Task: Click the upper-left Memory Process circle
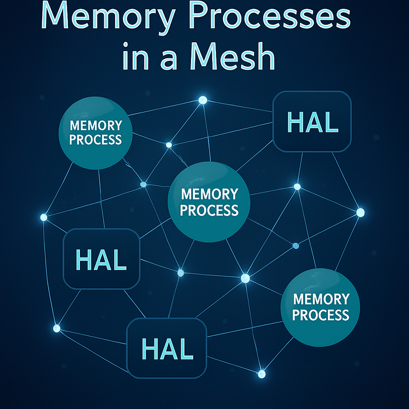point(96,133)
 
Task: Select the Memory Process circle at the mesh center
point(209,202)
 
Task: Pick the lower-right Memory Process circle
point(320,307)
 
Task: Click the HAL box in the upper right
point(312,122)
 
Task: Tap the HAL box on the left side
point(101,259)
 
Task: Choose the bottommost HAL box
point(167,348)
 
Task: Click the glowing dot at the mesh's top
point(203,100)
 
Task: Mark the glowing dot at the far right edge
point(360,212)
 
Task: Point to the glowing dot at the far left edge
point(44,217)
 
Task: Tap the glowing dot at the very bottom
point(261,373)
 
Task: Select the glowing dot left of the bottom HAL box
point(57,328)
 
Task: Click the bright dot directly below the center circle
point(245,278)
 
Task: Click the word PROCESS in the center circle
point(209,210)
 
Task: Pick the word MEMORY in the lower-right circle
point(321,299)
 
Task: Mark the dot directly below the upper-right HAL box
point(297,186)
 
